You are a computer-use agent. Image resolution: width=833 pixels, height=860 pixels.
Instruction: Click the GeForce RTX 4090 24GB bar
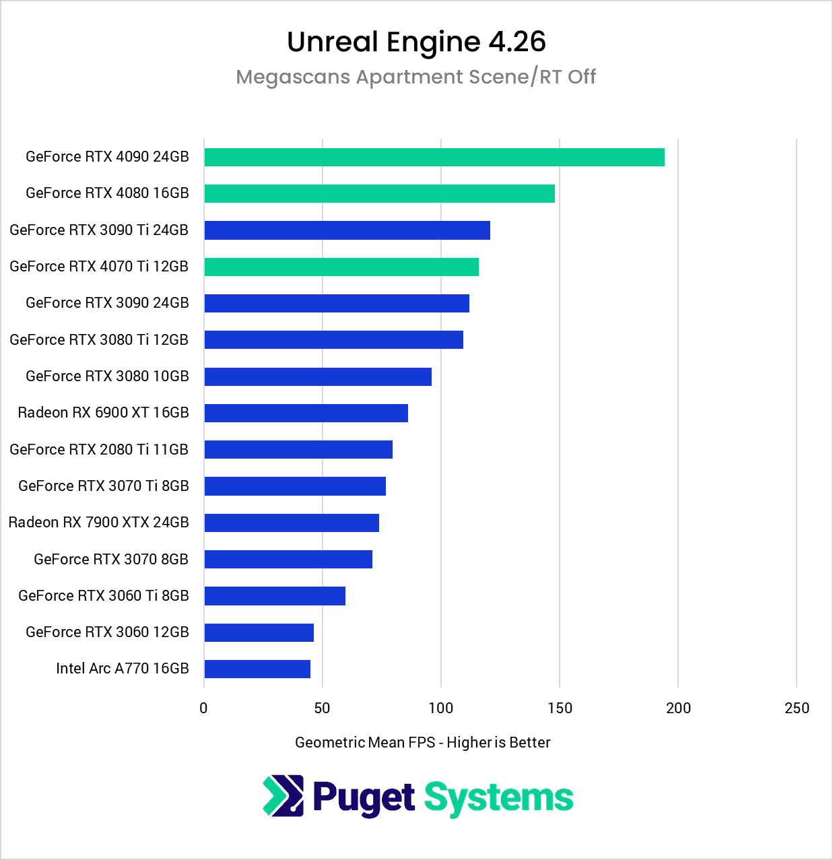click(434, 157)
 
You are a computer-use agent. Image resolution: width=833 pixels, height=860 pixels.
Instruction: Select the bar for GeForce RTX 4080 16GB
click(379, 193)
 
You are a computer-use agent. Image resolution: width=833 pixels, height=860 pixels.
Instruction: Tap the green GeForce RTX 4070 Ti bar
click(341, 267)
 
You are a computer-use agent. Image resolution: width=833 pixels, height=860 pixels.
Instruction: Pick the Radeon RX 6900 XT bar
click(306, 413)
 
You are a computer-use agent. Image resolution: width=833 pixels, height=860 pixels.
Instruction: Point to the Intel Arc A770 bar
click(257, 669)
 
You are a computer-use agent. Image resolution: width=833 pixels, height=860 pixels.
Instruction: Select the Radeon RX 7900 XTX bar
click(292, 523)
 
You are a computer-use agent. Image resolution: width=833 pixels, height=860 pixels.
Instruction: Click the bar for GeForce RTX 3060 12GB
click(259, 632)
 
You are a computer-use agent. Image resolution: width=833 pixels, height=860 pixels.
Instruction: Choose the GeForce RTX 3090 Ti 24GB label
click(99, 230)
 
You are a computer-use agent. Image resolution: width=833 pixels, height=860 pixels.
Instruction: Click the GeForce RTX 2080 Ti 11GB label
click(99, 449)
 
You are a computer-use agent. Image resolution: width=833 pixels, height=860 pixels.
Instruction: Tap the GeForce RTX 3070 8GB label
click(111, 559)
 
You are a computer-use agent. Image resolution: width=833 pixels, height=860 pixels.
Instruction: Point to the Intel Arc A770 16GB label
click(123, 668)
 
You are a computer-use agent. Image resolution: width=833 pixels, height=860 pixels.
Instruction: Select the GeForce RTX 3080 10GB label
click(107, 376)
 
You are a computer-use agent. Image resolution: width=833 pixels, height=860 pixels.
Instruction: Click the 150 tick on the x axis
click(560, 708)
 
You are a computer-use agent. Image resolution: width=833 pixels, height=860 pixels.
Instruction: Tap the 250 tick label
click(797, 708)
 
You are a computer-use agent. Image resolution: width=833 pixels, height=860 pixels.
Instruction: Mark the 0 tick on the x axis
click(204, 708)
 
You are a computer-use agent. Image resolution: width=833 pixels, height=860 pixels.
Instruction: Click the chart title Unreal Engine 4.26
click(416, 42)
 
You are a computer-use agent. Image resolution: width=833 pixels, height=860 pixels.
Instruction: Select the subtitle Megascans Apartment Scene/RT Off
click(416, 77)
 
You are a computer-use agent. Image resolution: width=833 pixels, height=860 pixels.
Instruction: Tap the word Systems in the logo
click(498, 797)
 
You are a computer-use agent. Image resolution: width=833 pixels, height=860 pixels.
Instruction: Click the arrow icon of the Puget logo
click(283, 796)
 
